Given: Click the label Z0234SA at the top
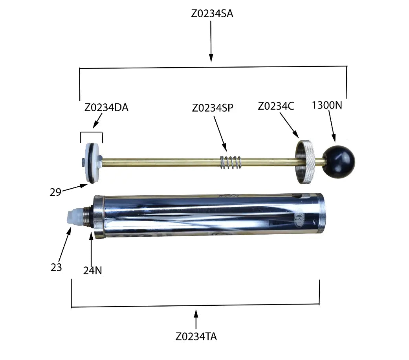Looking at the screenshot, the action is coord(212,14).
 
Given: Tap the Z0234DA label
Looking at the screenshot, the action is coord(106,107).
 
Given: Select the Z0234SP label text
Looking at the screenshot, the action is coord(213,108).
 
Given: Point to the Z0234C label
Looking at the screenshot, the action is coord(276,106).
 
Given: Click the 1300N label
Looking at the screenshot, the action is coord(327,105).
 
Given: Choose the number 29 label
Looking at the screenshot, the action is coord(55,192).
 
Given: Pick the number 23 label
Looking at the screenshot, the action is coord(56,267).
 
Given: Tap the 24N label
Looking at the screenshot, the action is coord(93,270).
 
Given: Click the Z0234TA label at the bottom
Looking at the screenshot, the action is coord(196,336).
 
